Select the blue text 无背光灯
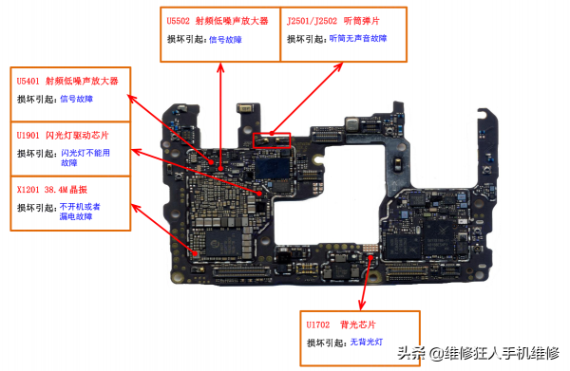(366, 342)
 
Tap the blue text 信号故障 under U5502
(225, 40)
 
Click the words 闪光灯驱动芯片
(85, 136)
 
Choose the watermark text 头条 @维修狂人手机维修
(477, 353)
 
